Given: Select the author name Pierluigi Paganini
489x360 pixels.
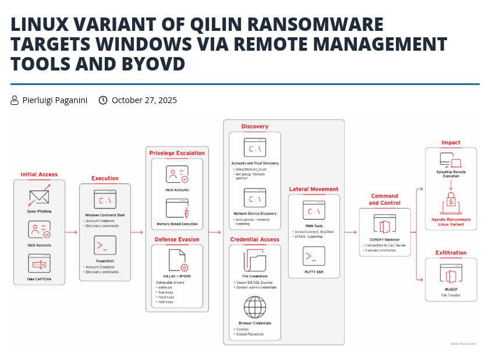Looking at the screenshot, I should pos(55,100).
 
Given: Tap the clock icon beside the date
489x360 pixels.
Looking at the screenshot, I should pos(103,100).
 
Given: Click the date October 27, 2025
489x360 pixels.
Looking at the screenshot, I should pos(144,100).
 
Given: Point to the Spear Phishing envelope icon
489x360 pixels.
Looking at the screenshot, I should pos(39,197).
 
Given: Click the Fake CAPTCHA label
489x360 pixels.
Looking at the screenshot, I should pos(39,279).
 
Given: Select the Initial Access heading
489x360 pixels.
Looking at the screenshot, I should pos(39,174).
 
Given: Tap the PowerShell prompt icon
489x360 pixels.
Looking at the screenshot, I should pos(105,246).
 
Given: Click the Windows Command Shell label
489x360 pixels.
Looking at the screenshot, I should pos(105,216).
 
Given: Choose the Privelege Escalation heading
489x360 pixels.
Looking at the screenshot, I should pos(177,153).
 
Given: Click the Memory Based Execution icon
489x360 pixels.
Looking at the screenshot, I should pos(177,208).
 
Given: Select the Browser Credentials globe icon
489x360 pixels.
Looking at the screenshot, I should pos(254,306).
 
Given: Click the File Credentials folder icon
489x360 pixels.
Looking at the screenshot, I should pos(254,259).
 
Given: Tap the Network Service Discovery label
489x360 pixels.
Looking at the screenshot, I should pos(254,213).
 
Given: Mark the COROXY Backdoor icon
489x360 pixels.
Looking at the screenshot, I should pos(384,225).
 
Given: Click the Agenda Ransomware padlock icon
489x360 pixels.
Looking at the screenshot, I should pos(451,201).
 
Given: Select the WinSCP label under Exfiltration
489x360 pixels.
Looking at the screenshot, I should pos(451,290).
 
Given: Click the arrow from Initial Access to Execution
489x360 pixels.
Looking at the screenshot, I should pos(71,232).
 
